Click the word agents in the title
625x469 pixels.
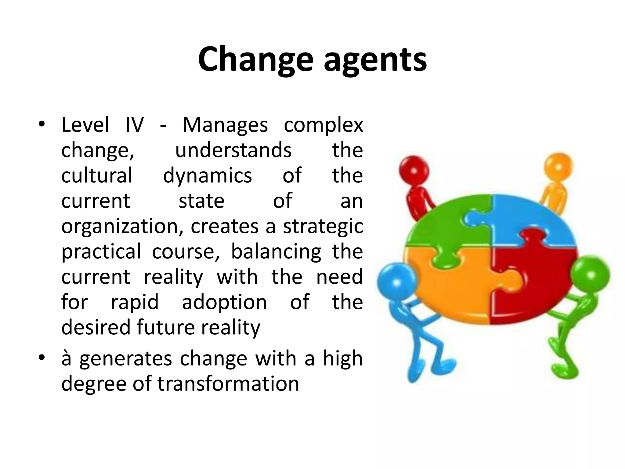(x=375, y=60)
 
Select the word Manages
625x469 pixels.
(x=225, y=125)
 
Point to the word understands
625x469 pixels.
(x=233, y=150)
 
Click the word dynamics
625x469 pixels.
(x=208, y=176)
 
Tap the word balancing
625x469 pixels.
(x=276, y=252)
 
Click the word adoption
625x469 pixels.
(x=224, y=302)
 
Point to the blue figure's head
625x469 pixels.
(x=396, y=281)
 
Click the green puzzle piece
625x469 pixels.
(x=443, y=223)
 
